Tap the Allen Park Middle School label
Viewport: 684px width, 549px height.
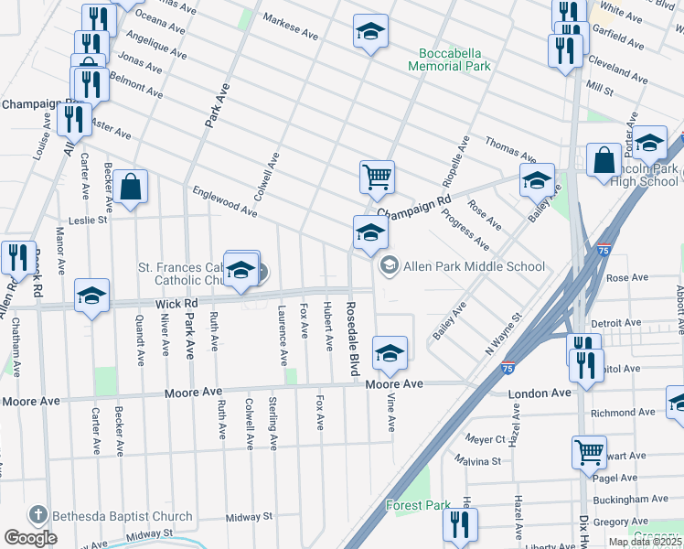(474, 266)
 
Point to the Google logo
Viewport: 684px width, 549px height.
(30, 537)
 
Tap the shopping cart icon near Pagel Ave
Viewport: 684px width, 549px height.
(589, 453)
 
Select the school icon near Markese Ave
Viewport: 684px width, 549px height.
(370, 33)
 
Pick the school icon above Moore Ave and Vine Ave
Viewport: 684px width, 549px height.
(390, 354)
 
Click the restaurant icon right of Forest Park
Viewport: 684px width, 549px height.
(459, 525)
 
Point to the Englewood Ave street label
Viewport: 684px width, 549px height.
(224, 201)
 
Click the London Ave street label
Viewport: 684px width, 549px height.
(540, 393)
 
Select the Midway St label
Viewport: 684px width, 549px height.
(249, 517)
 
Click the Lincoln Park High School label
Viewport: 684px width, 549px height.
(647, 175)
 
